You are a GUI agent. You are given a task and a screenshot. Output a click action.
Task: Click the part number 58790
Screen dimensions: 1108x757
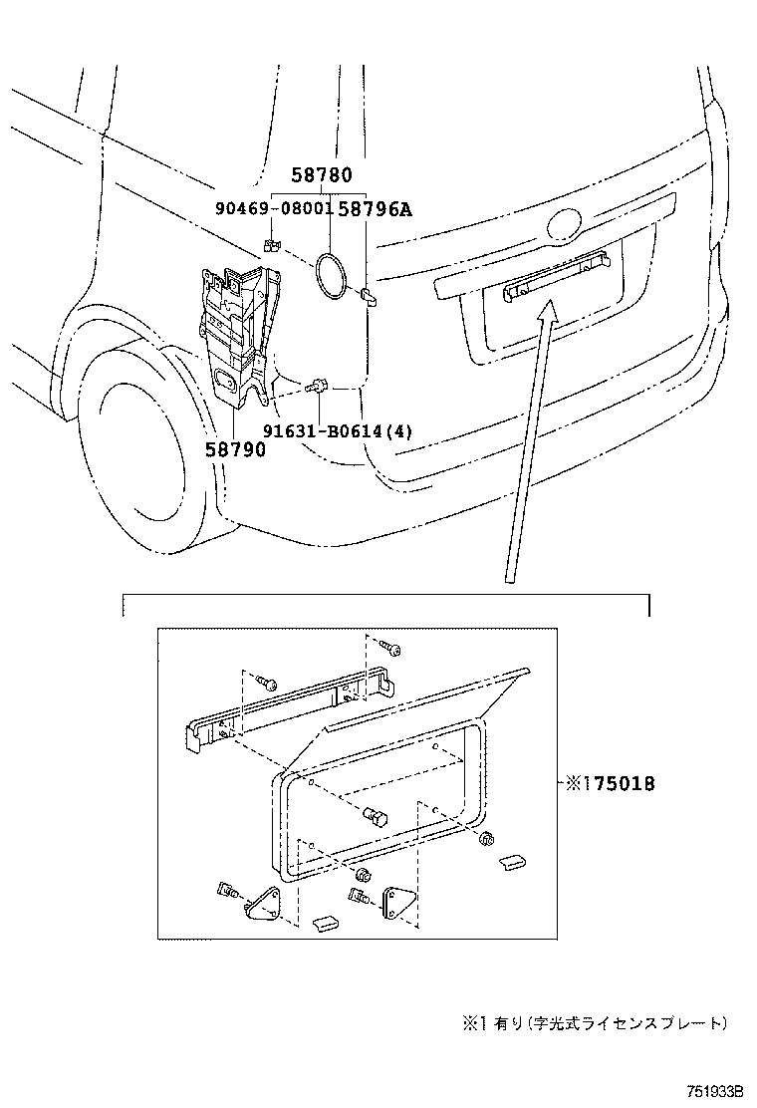(235, 449)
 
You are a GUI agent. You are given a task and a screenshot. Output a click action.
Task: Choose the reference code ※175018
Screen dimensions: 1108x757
(610, 785)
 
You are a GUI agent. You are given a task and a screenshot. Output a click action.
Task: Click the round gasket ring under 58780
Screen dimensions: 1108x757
(329, 273)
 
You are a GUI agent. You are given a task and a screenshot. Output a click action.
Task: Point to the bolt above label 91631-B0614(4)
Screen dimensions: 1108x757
(319, 386)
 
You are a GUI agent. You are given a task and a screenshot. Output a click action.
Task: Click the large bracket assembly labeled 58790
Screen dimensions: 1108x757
(234, 329)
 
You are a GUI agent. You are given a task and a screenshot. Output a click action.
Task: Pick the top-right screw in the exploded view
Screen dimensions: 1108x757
(392, 650)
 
